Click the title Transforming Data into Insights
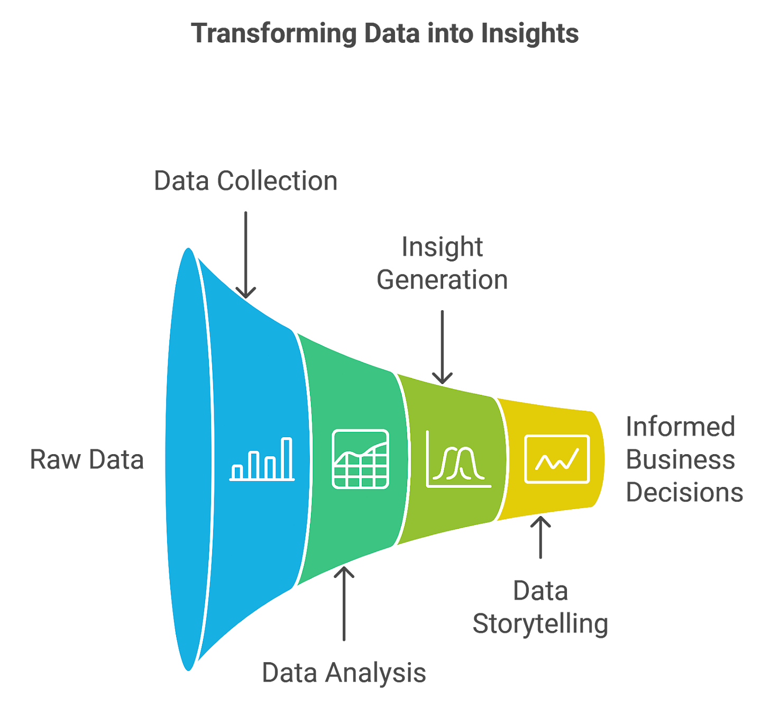[x=386, y=33]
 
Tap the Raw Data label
[x=87, y=459]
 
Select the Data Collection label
[x=246, y=181]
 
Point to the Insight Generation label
[x=442, y=263]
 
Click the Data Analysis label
[x=344, y=673]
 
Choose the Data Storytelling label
[x=540, y=607]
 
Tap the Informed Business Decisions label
[x=683, y=459]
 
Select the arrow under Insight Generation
[x=442, y=346]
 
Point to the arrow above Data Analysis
[x=344, y=603]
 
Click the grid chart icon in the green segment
[x=360, y=459]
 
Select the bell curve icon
[x=458, y=459]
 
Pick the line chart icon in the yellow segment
[x=557, y=459]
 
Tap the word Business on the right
[x=680, y=459]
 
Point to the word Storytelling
[x=540, y=624]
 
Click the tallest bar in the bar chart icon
[x=287, y=458]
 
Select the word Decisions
[x=684, y=492]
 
